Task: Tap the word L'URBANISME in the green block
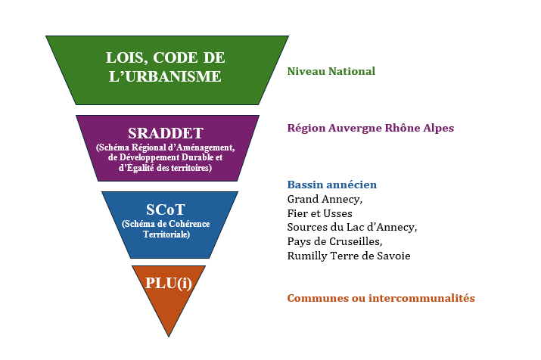tap(165, 76)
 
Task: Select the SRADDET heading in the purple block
tap(166, 133)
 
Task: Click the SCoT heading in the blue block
tap(166, 209)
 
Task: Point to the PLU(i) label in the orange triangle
tap(169, 283)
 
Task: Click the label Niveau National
tap(331, 71)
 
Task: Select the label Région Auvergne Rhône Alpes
tap(371, 129)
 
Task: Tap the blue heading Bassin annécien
tap(332, 185)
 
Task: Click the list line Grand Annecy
tap(325, 200)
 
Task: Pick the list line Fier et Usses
tap(320, 213)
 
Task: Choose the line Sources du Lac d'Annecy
tap(352, 227)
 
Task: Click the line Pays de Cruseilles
tap(334, 241)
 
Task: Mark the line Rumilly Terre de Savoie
tap(349, 256)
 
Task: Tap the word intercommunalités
tap(421, 298)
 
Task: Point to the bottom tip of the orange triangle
tap(169, 337)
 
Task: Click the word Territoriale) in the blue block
tap(166, 234)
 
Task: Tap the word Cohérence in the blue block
tap(188, 224)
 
